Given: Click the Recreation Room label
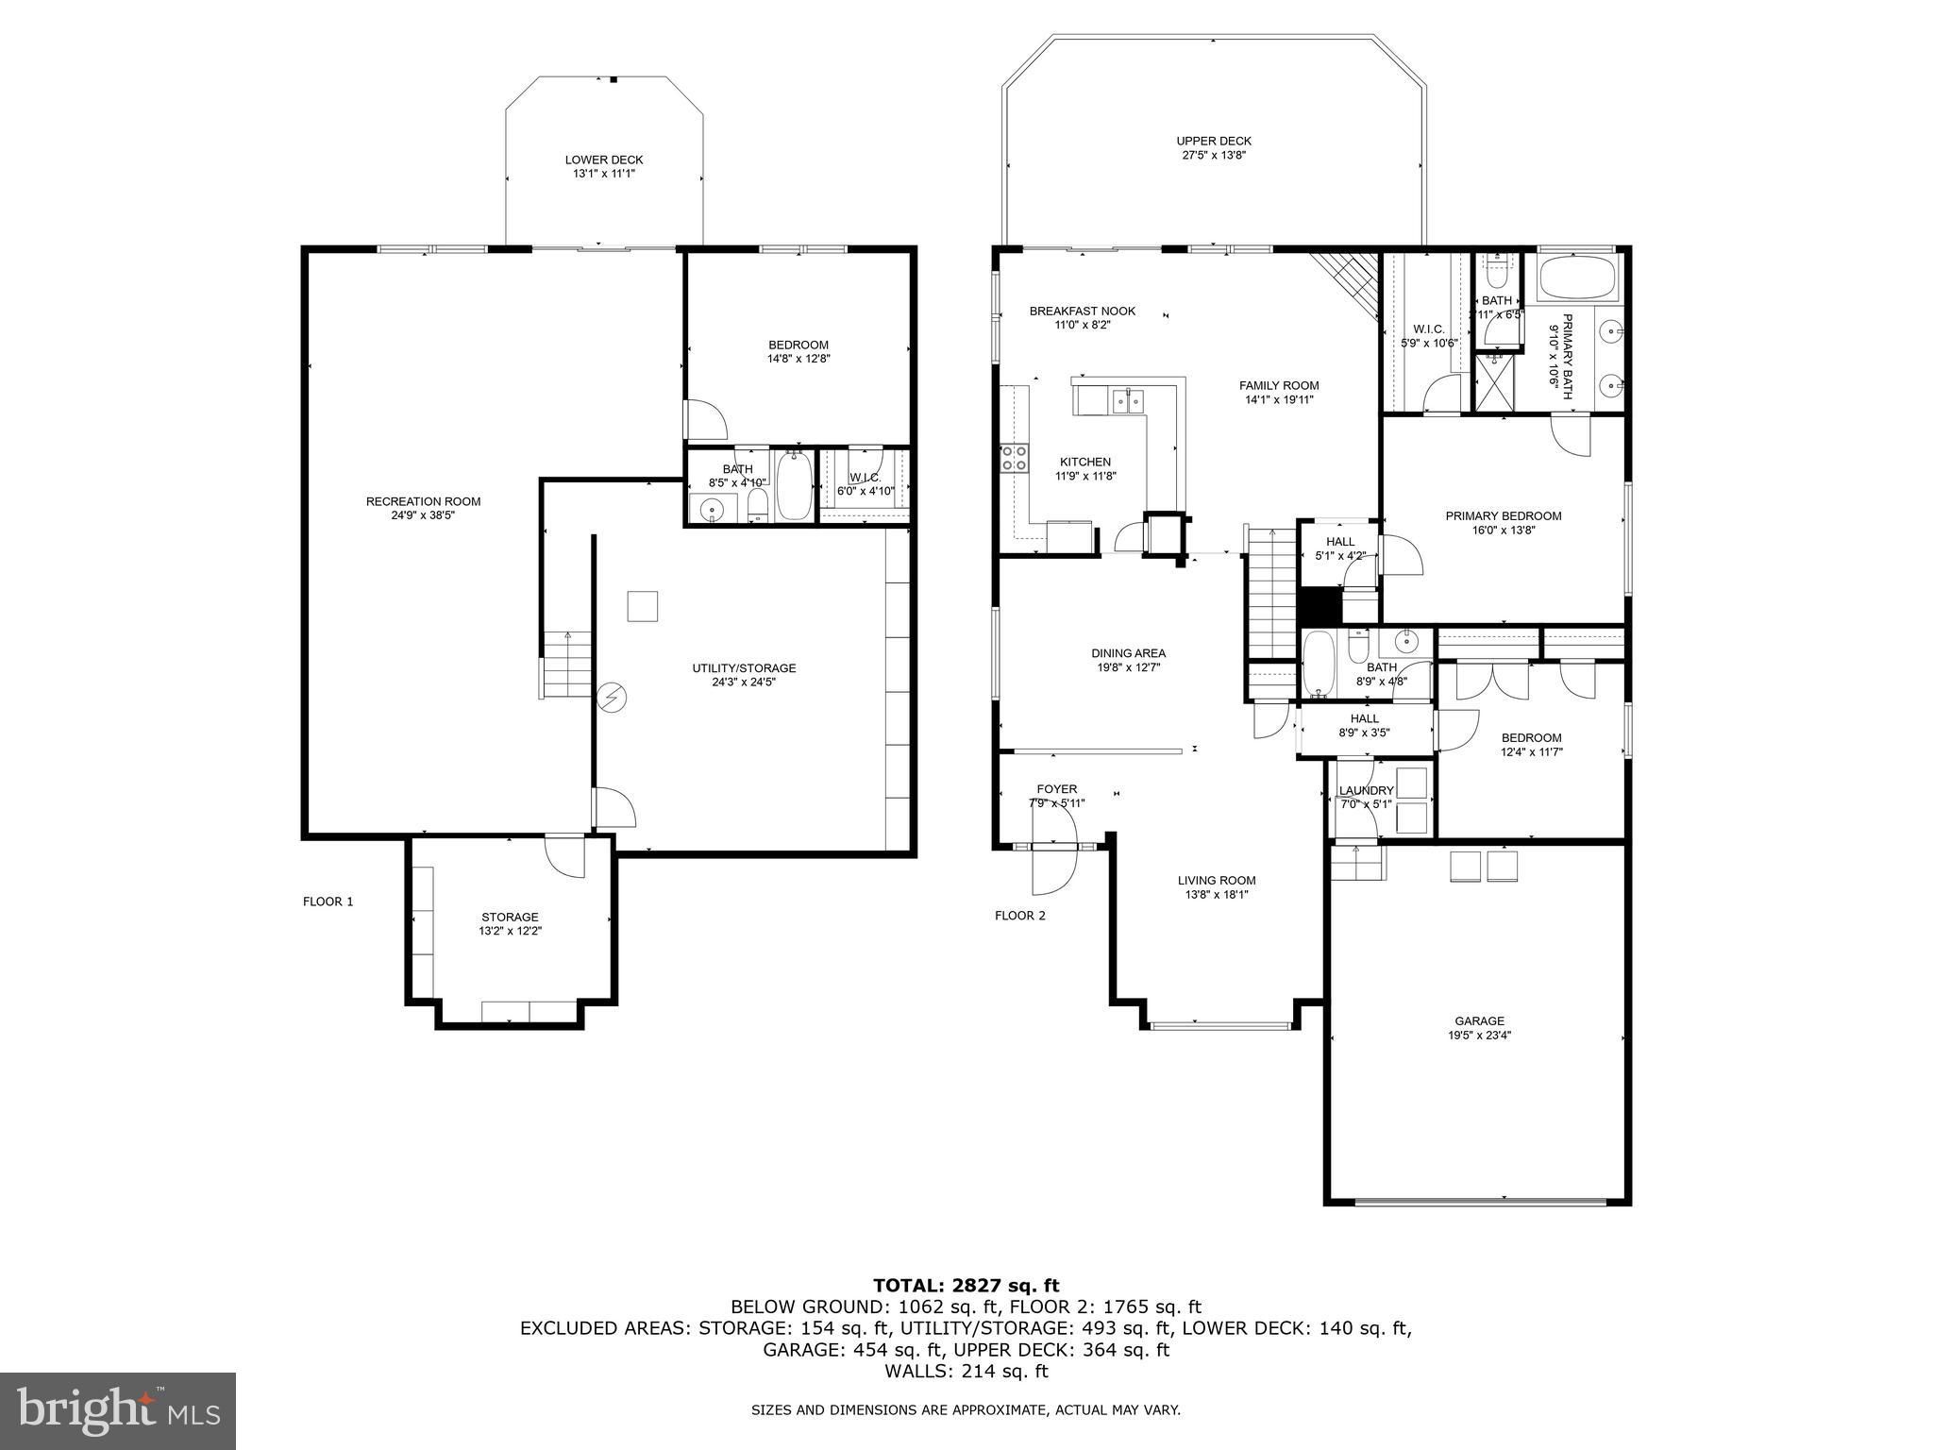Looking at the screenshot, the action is (423, 501).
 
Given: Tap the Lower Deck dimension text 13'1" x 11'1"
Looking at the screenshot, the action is (604, 174).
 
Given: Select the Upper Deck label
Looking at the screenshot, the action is (1214, 141).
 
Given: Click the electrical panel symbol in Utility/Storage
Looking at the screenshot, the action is (612, 698).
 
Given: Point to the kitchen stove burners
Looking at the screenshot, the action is (1015, 458).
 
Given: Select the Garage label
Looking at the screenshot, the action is (1479, 1020).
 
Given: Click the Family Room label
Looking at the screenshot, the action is (1279, 385).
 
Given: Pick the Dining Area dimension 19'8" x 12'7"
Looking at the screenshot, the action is (1128, 667).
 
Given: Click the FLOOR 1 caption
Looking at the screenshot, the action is (328, 902).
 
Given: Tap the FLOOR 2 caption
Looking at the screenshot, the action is (1020, 916).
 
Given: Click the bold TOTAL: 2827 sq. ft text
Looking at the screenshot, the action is (966, 1285).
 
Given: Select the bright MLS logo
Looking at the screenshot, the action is (118, 1410).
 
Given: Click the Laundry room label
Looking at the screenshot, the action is (1366, 790).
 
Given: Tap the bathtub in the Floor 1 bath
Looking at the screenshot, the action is (794, 485).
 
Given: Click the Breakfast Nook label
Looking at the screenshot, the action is (1082, 311).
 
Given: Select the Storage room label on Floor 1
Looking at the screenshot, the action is (510, 917).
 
